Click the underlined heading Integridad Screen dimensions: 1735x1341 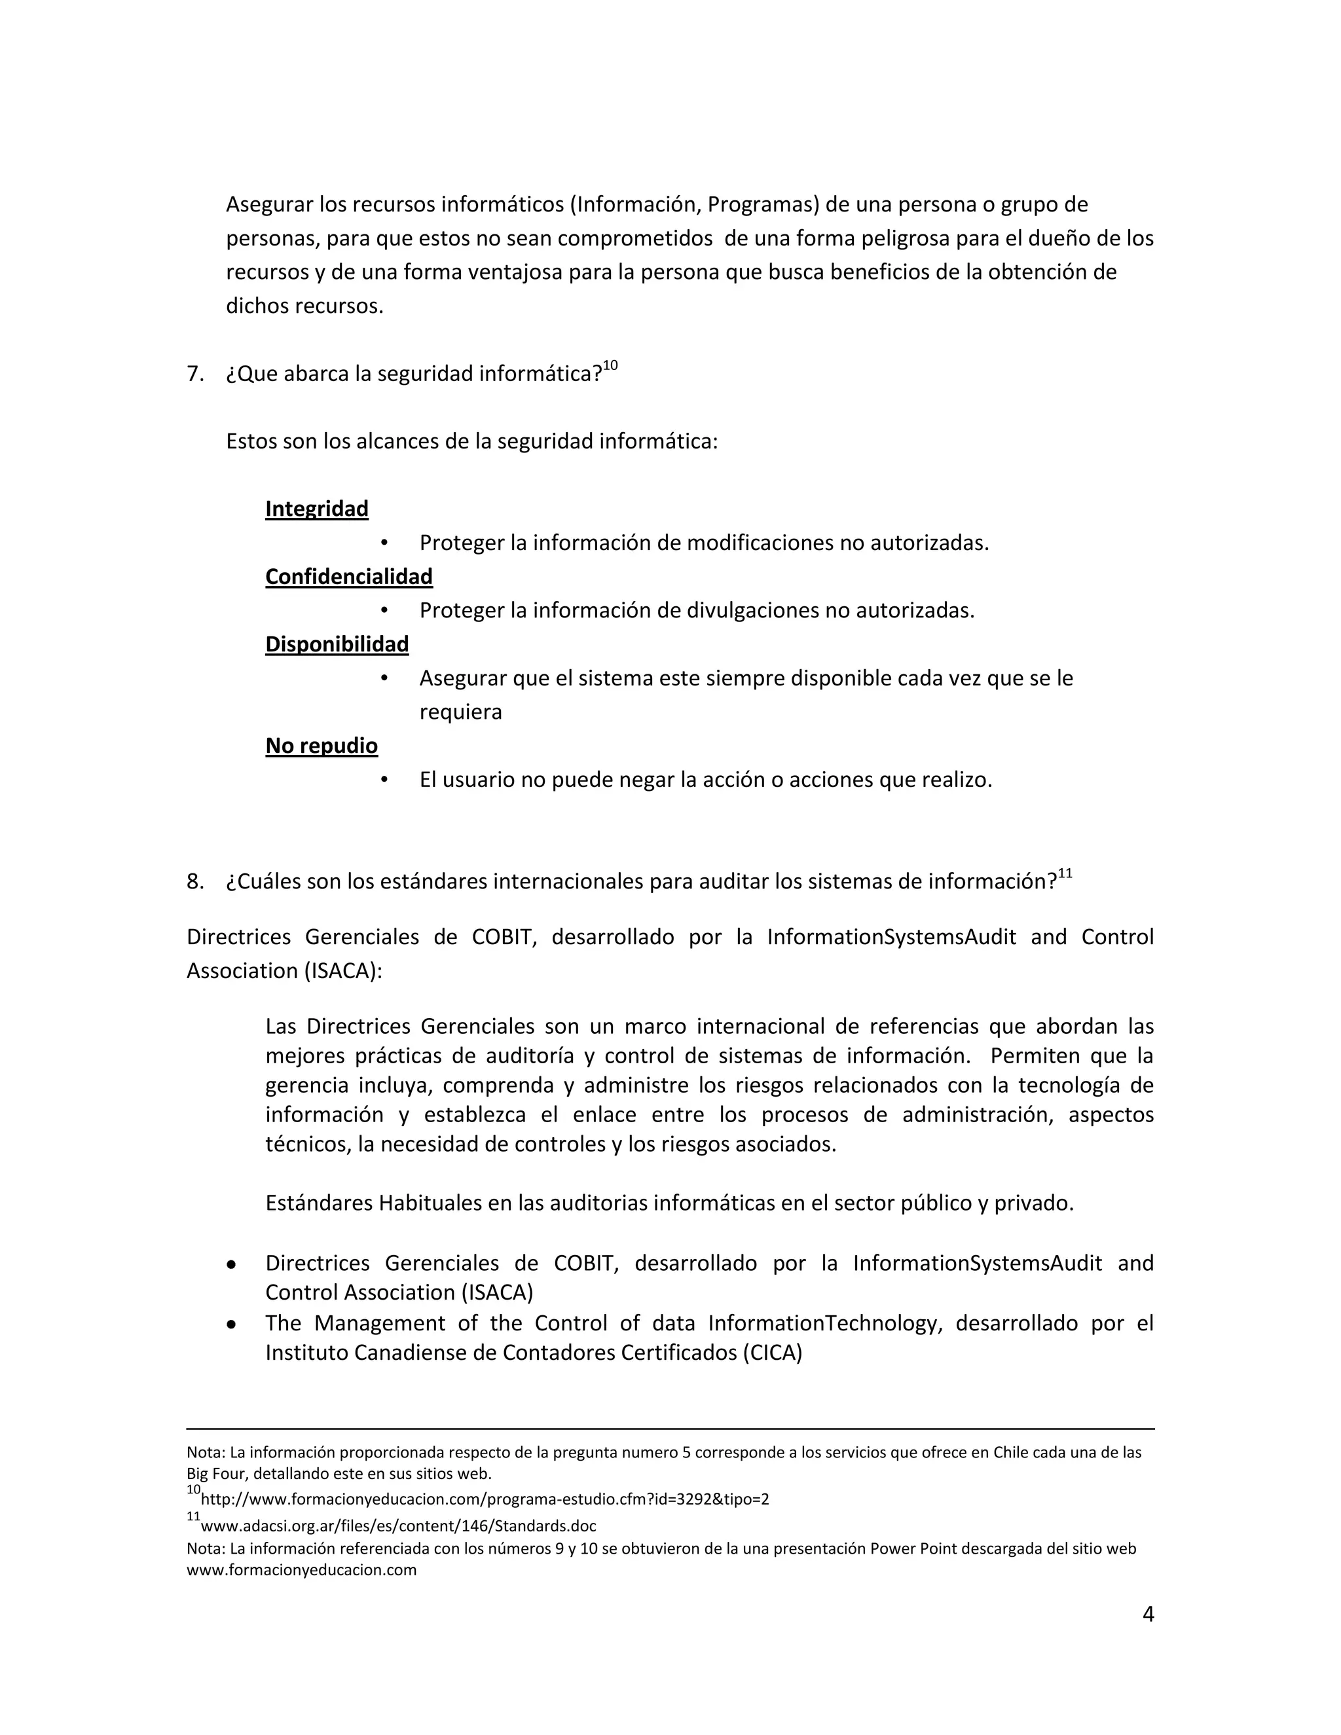point(316,509)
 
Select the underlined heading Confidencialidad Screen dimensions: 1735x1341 point(349,576)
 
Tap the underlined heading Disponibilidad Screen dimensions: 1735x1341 point(337,644)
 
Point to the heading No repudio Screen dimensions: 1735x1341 point(321,745)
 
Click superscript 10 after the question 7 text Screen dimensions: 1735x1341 point(610,365)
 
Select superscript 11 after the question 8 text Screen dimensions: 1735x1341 point(1065,874)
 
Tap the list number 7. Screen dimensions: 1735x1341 point(194,373)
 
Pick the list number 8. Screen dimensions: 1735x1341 point(194,881)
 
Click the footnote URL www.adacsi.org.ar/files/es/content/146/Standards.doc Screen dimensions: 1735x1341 point(398,1525)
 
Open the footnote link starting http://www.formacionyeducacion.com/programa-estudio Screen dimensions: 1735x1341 point(485,1499)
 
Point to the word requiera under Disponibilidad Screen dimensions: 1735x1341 point(461,712)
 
